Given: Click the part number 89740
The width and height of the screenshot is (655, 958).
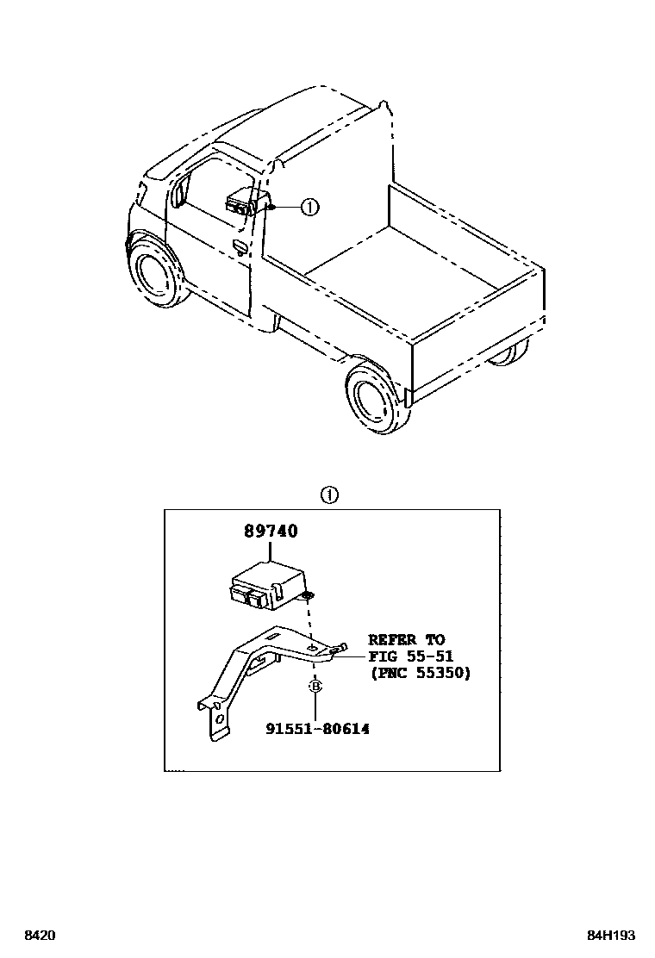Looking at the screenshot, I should [x=270, y=532].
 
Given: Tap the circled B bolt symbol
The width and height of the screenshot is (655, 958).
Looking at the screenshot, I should [x=315, y=687].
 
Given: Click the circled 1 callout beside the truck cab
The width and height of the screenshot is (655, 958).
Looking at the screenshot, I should [x=309, y=207].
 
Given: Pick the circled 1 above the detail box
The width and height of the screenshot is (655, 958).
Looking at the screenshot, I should [x=330, y=495].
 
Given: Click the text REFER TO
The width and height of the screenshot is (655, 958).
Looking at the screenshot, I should [x=406, y=640].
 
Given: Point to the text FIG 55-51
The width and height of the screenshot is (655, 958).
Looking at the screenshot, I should [x=410, y=656].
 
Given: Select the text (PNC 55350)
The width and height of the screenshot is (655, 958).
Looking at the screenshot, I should [x=420, y=674].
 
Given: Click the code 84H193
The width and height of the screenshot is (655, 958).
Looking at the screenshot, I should [x=613, y=936].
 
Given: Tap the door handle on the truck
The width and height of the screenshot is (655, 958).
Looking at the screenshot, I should [x=240, y=249].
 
